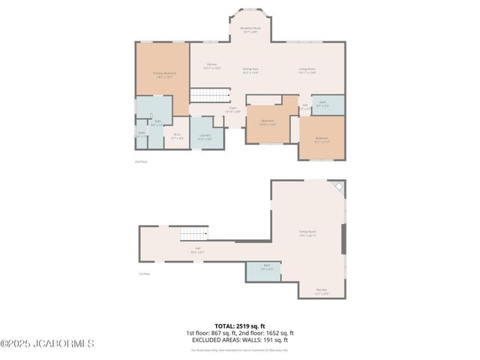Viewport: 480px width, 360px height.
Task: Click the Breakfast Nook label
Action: (x=250, y=30)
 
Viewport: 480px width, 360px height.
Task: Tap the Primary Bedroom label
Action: (x=163, y=74)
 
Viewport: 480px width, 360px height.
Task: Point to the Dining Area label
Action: (x=250, y=70)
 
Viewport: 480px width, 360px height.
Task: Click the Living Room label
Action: (x=307, y=70)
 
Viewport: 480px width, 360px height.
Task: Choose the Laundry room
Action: (x=205, y=136)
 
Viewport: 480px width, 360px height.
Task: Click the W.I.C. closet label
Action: (x=177, y=136)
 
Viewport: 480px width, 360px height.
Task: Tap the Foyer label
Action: (x=233, y=109)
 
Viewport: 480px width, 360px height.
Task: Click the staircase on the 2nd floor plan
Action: (x=210, y=95)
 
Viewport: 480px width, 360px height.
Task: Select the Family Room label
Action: (x=308, y=234)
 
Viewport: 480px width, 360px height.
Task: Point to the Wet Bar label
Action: (x=322, y=291)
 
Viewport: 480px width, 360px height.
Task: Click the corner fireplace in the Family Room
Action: (x=340, y=187)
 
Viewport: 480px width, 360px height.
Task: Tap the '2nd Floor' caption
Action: (x=141, y=161)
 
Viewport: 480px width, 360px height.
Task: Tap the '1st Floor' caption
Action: (x=144, y=274)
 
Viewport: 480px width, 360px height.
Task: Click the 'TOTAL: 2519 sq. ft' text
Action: (x=240, y=326)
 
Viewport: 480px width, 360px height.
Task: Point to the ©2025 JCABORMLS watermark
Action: (x=47, y=343)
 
